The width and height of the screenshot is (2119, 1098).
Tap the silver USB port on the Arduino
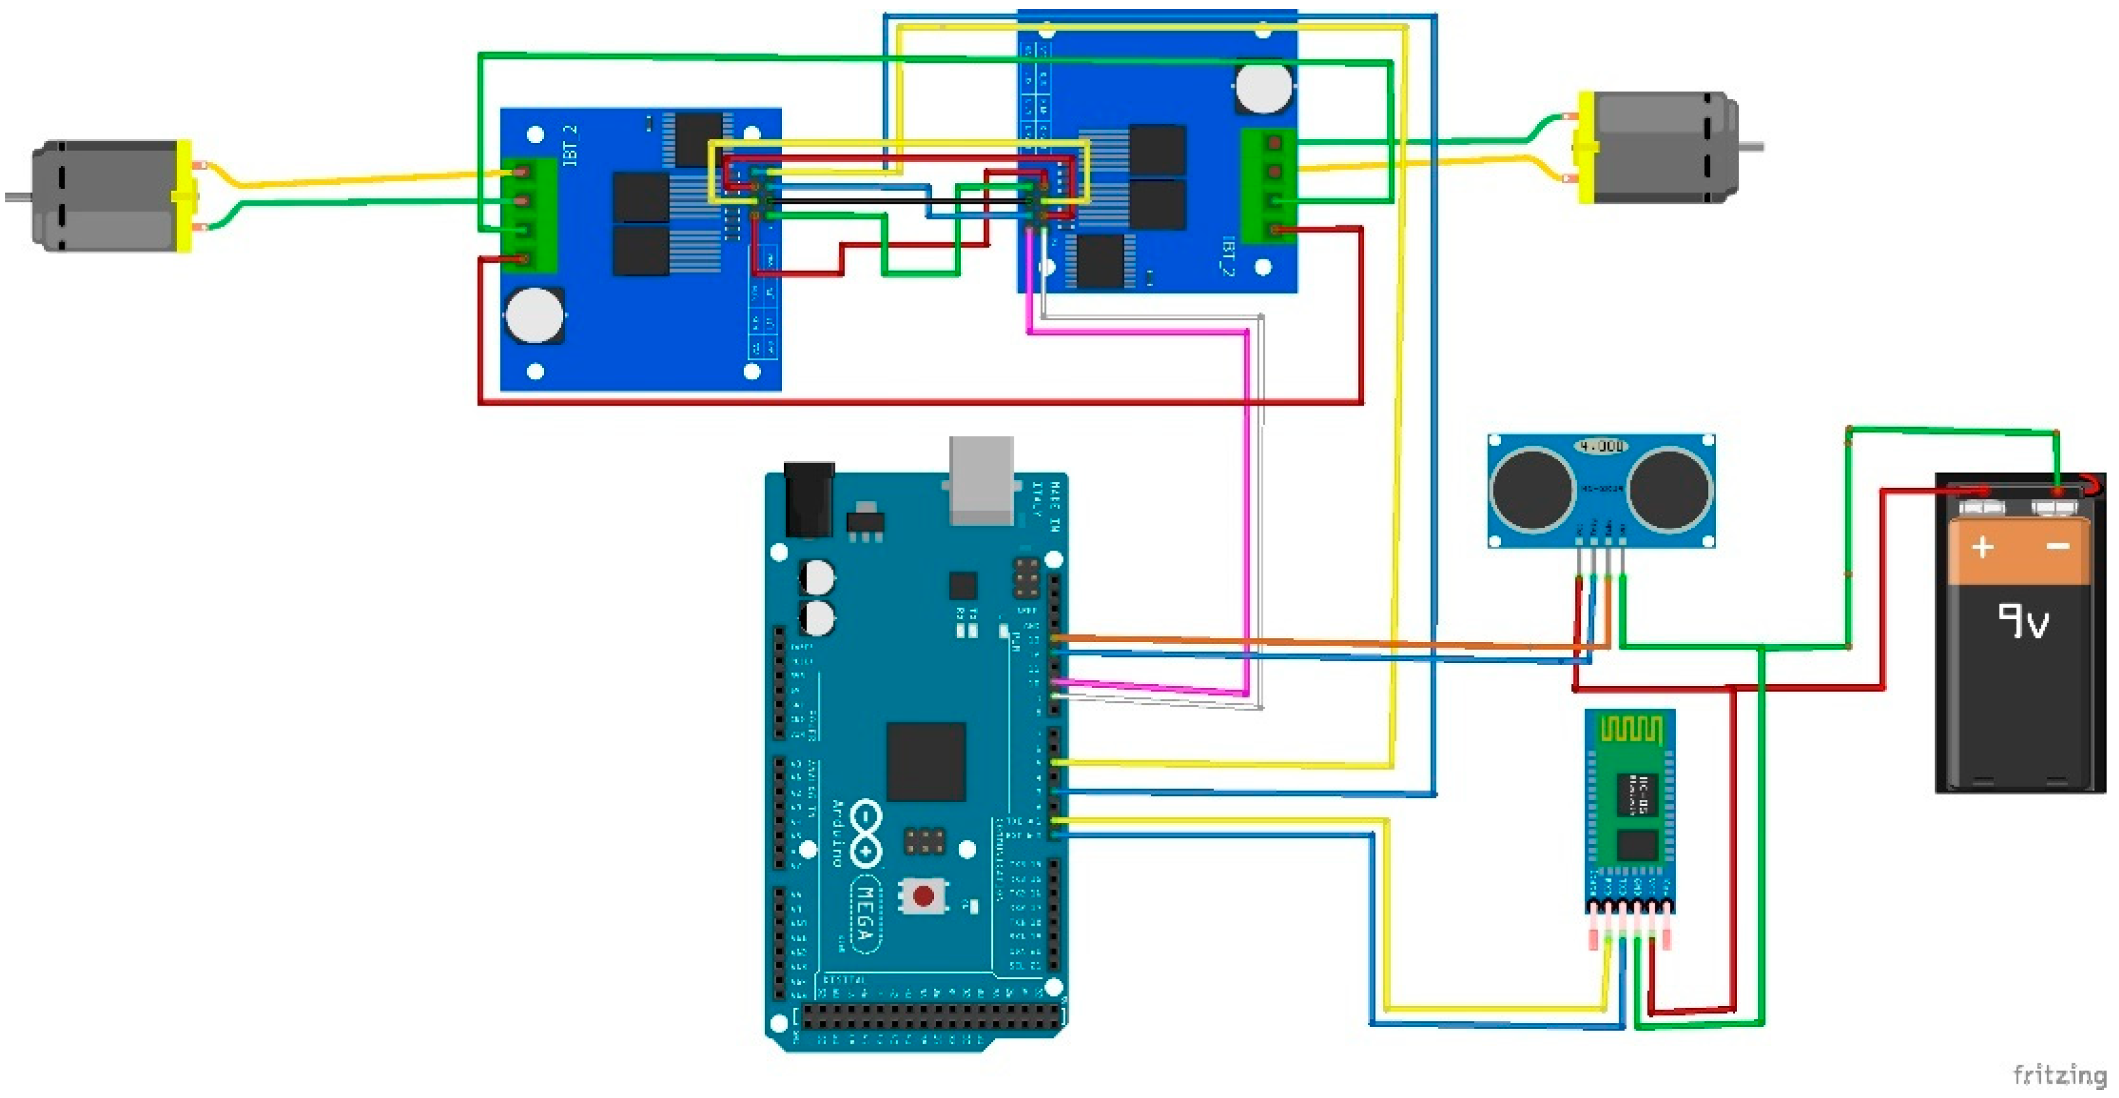[980, 481]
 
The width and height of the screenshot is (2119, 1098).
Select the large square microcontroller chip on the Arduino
[926, 762]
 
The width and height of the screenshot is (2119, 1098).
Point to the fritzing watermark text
[2059, 1075]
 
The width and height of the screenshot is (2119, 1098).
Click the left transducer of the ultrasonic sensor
[1532, 489]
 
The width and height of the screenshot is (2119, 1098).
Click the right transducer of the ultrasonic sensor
[1670, 489]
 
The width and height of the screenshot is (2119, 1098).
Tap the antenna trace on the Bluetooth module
[1630, 730]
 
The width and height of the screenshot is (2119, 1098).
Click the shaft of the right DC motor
[1751, 147]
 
